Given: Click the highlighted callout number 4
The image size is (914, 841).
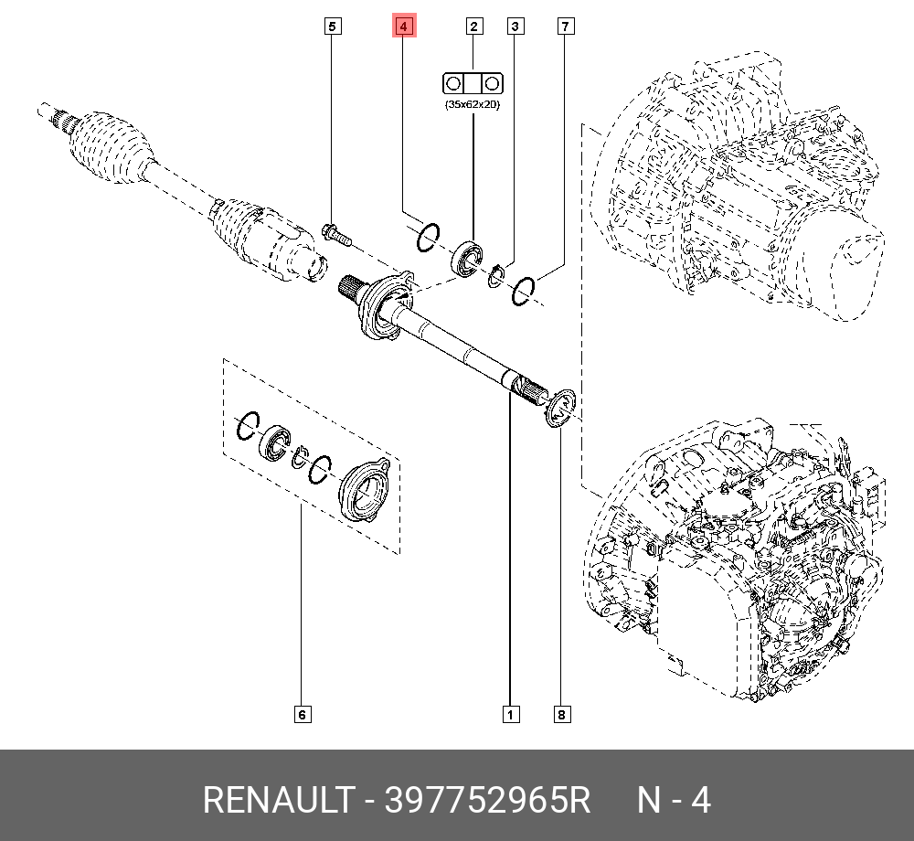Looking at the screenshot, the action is pos(404,27).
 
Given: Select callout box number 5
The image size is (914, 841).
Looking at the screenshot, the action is pos(333,27).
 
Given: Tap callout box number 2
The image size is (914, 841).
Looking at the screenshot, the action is pos(473,27).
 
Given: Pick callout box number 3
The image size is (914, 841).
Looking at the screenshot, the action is pos(515,27).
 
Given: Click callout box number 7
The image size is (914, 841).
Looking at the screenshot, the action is pos(565,27).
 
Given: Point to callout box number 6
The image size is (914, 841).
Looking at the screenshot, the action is pos(302,714).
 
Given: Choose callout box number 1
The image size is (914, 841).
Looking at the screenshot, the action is pos(511,714).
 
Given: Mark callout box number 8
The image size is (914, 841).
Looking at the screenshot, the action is pos(562,714).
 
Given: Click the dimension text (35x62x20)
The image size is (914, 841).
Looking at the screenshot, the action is pos(473,105).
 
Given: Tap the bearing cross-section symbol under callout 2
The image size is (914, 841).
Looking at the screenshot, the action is pos(473,83).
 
